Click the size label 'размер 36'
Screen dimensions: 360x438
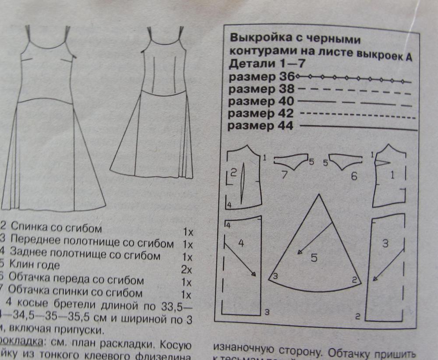(x=261, y=77)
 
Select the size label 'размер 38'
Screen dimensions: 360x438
(x=261, y=89)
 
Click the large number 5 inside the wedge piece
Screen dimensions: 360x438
(x=314, y=258)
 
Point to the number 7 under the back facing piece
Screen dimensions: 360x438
(x=284, y=176)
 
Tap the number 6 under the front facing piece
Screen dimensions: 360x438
(x=354, y=176)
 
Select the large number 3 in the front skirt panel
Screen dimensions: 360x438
(x=385, y=244)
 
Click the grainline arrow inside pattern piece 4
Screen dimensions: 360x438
(x=240, y=258)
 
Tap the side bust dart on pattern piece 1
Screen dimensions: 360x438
(x=382, y=162)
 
